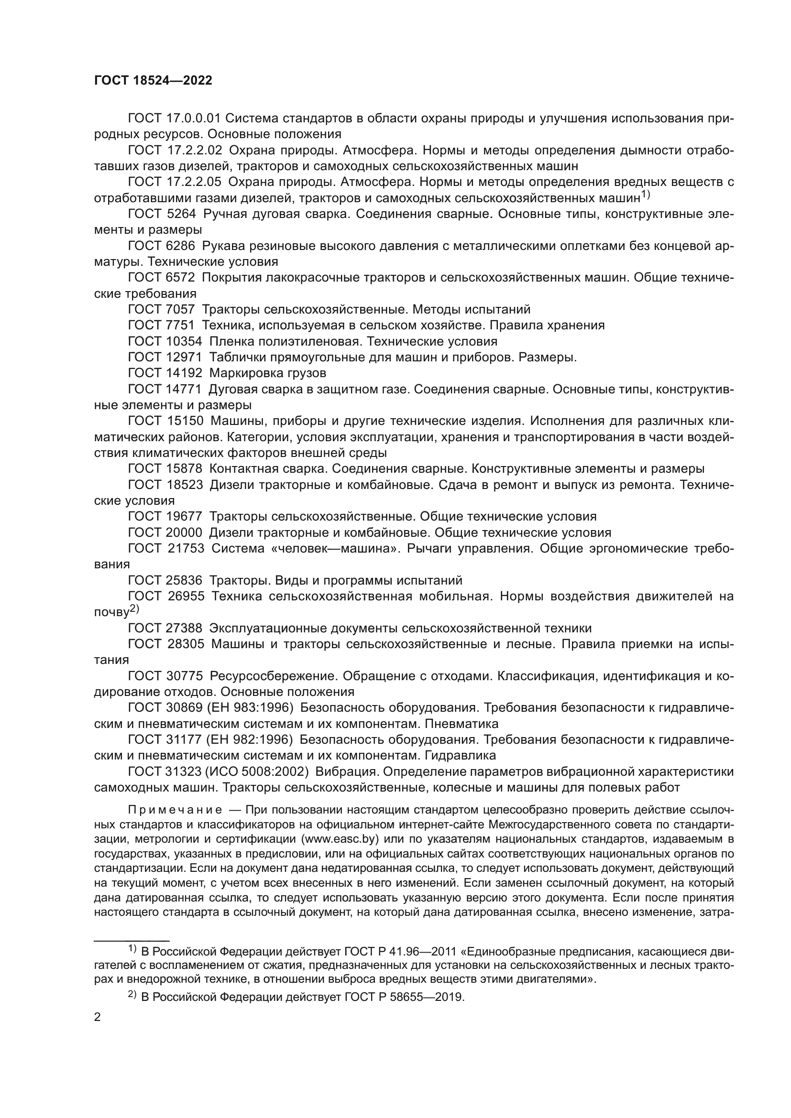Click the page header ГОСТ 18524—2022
click(x=153, y=81)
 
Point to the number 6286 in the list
click(x=181, y=246)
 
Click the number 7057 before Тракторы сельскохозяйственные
click(x=181, y=309)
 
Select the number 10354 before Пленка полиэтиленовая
click(x=184, y=341)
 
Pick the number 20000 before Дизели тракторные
click(x=184, y=532)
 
